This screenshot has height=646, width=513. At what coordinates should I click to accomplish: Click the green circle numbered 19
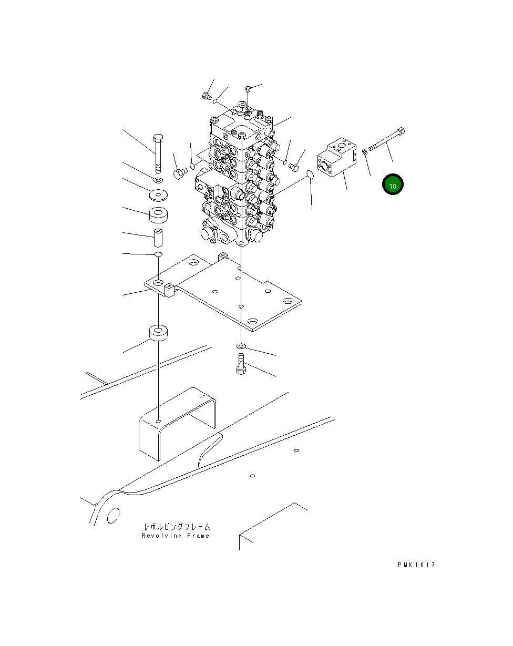tap(393, 184)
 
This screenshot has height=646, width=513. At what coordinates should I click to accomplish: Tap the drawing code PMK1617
tap(416, 565)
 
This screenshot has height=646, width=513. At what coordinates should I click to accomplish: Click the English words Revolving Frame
tap(176, 536)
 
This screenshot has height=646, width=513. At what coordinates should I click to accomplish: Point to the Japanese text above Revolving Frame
tap(177, 527)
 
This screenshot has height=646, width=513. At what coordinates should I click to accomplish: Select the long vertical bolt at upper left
tap(158, 153)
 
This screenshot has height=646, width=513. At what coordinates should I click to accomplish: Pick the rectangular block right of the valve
tap(337, 157)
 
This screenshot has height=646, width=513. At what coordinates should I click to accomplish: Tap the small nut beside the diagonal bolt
tap(364, 151)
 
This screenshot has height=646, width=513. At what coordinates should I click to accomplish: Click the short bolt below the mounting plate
tap(241, 364)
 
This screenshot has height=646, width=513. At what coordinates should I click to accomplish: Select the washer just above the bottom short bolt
tap(241, 347)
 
